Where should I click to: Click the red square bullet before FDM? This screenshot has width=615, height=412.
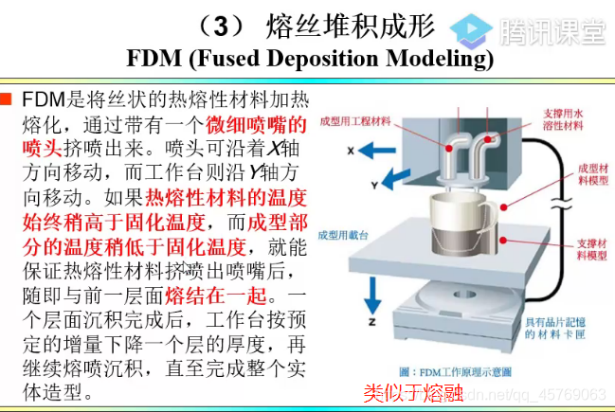[x=8, y=99]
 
